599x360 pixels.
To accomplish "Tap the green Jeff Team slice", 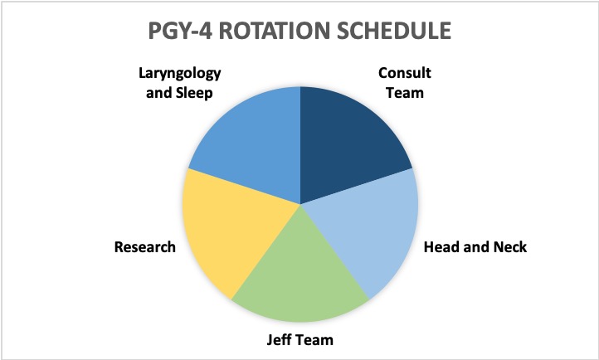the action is (300, 275).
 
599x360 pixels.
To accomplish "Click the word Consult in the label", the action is (405, 73).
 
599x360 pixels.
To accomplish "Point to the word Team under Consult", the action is (405, 93).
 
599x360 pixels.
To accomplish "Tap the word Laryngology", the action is (179, 74).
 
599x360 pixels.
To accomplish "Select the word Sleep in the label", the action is (193, 94).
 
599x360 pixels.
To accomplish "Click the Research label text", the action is (145, 247).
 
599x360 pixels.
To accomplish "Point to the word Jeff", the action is (277, 339).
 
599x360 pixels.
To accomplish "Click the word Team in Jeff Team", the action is (313, 339).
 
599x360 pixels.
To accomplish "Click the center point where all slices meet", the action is (300, 204).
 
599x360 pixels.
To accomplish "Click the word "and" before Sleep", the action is (158, 93).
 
